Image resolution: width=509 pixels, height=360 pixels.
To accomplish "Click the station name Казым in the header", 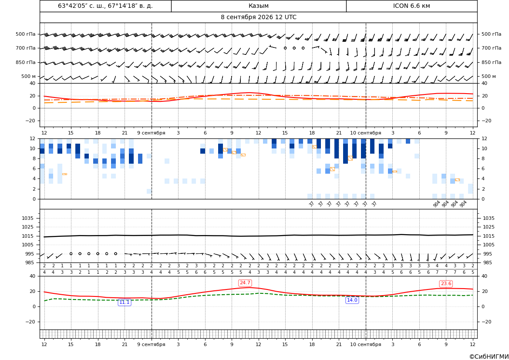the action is pyautogui.click(x=258, y=6).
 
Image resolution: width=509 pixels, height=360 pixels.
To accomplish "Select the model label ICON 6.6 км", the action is pyautogui.click(x=411, y=6).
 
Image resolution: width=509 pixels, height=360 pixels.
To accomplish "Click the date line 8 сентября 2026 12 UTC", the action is pyautogui.click(x=258, y=17).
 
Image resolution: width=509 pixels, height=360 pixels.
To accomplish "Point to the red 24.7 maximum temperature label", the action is pyautogui.click(x=245, y=283).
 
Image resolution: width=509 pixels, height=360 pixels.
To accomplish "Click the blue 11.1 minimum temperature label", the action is pyautogui.click(x=125, y=302).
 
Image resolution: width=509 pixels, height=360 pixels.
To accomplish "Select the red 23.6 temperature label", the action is pyautogui.click(x=446, y=283).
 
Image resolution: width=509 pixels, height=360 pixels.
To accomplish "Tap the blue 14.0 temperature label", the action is pyautogui.click(x=352, y=300).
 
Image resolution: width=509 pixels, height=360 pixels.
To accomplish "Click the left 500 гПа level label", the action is pyautogui.click(x=26, y=34).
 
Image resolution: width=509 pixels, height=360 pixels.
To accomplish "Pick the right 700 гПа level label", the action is pyautogui.click(x=492, y=48).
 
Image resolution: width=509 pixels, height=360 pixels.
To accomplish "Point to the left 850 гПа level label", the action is pyautogui.click(x=26, y=62).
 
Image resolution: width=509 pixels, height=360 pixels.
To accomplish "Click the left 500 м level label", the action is pyautogui.click(x=28, y=76).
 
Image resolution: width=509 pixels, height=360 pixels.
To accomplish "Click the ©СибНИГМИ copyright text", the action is pyautogui.click(x=489, y=357).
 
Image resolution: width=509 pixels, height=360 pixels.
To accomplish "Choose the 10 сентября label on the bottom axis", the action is pyautogui.click(x=365, y=344).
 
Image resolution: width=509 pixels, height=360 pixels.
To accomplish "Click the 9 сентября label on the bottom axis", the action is pyautogui.click(x=151, y=344).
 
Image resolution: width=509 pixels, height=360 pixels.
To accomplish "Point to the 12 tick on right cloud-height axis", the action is pyautogui.click(x=484, y=138).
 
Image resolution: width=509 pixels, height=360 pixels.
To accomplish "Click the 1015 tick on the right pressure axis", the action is pyautogui.click(x=489, y=236).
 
